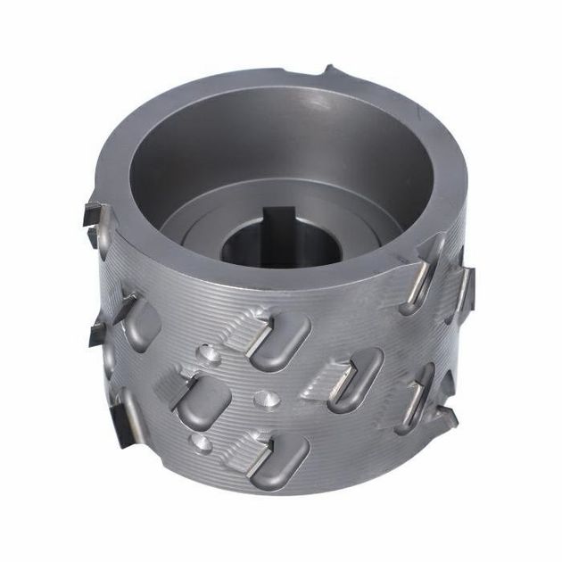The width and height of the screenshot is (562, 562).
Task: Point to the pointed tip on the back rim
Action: [328, 70]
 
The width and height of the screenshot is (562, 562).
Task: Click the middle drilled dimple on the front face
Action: [264, 396]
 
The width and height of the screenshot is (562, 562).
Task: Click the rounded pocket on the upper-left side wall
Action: [141, 323]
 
